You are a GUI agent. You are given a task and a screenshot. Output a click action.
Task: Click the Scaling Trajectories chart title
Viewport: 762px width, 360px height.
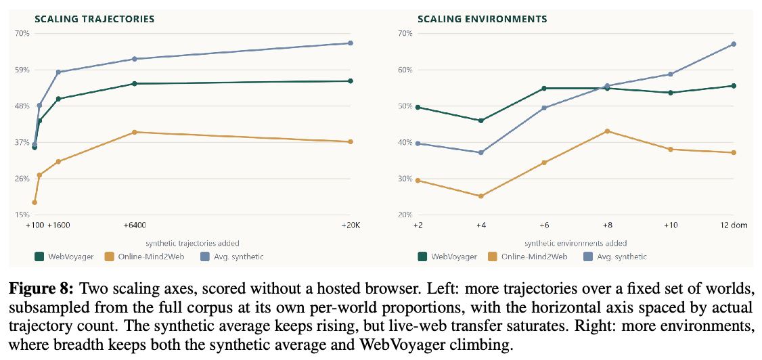pos(94,20)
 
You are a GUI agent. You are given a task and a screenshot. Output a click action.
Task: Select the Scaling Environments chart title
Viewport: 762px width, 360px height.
pos(483,20)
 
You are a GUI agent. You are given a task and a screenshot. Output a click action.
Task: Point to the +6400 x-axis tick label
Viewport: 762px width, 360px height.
pos(135,225)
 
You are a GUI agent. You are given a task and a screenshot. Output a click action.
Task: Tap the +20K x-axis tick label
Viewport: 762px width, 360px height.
pos(351,225)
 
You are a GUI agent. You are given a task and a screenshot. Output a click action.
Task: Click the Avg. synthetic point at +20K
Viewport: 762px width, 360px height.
pos(351,43)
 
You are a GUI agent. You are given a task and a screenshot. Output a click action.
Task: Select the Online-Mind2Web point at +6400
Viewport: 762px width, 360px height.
pos(135,132)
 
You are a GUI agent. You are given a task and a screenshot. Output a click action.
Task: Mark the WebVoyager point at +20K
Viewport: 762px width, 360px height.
pos(351,81)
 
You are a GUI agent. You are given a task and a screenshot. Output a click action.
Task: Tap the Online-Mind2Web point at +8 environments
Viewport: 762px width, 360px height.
pos(607,131)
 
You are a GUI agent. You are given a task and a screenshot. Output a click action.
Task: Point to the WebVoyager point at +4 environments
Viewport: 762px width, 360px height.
pos(481,120)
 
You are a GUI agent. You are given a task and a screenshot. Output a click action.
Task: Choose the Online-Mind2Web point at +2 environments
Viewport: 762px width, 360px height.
pos(418,181)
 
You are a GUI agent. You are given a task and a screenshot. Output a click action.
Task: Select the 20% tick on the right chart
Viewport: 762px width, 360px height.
pos(406,215)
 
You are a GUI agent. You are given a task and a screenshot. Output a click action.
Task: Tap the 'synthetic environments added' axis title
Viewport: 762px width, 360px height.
pos(575,243)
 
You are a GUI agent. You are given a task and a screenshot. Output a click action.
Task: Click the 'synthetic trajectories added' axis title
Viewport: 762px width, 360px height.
pos(192,243)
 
